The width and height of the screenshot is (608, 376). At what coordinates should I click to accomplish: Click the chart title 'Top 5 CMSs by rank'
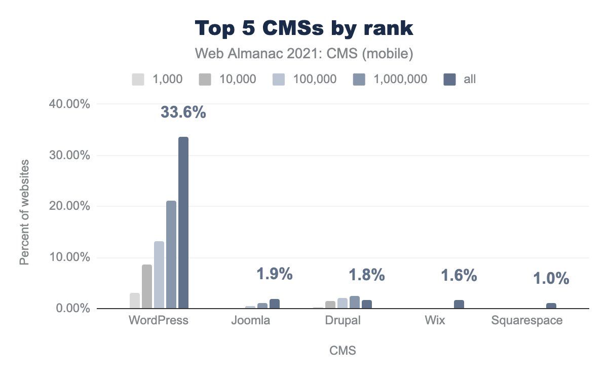[x=304, y=29]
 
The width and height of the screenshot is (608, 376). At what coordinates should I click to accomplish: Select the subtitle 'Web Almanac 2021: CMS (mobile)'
[x=304, y=54]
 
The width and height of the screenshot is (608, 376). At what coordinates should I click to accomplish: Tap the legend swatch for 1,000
[x=138, y=79]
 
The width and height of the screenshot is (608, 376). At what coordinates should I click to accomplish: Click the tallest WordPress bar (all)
[x=183, y=223]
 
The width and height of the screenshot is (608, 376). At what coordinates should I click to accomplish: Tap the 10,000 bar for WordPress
[x=147, y=286]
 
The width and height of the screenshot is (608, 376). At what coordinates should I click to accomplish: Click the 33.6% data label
[x=183, y=112]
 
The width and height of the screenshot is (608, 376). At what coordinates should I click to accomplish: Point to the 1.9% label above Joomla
[x=274, y=274]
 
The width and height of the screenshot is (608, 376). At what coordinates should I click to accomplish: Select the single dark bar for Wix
[x=459, y=304]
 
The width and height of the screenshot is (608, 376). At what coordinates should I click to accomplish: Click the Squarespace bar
[x=551, y=306]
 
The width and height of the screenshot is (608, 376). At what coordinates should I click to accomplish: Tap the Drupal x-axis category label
[x=344, y=320]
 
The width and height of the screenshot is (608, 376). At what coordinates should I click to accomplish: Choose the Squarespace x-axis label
[x=527, y=320]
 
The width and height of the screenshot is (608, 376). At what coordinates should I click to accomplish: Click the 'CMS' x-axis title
[x=343, y=350]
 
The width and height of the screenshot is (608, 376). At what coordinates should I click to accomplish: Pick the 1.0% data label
[x=551, y=279]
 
